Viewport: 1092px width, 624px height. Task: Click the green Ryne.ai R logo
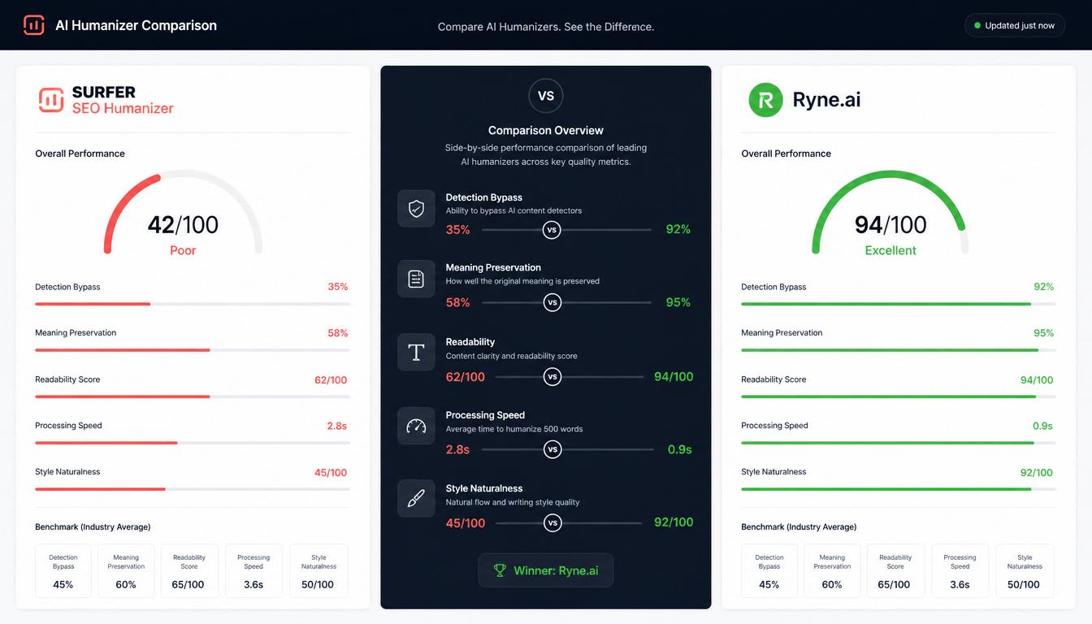[x=765, y=100]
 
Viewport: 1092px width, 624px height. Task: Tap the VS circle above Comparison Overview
[x=545, y=96]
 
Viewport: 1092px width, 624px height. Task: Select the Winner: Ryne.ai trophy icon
[x=500, y=570]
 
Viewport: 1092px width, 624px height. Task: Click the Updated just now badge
[x=1015, y=25]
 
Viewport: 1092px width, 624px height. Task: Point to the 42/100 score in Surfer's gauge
[x=183, y=225]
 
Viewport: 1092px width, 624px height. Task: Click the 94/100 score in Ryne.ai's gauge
[x=890, y=225]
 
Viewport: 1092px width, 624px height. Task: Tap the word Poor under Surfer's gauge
[x=183, y=250]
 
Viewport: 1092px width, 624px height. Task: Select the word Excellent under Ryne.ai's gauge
[x=890, y=250]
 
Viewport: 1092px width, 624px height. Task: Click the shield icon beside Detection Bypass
[x=416, y=209]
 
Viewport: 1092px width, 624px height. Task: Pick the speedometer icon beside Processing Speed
[x=416, y=426]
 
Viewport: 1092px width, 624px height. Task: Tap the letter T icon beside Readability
[x=416, y=352]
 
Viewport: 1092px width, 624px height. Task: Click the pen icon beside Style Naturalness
[x=416, y=498]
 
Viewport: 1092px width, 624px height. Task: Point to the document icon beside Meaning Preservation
[x=416, y=279]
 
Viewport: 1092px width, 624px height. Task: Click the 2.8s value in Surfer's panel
[x=337, y=426]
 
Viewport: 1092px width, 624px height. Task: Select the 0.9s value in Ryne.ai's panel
[x=1042, y=426]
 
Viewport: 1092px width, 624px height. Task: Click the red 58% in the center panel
[x=457, y=302]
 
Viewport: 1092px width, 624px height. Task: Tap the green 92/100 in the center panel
[x=674, y=522]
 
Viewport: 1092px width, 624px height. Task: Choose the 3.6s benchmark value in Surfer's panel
[x=253, y=584]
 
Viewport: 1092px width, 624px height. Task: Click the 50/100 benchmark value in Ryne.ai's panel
[x=1023, y=584]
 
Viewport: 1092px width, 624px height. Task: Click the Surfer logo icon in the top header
[x=33, y=25]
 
